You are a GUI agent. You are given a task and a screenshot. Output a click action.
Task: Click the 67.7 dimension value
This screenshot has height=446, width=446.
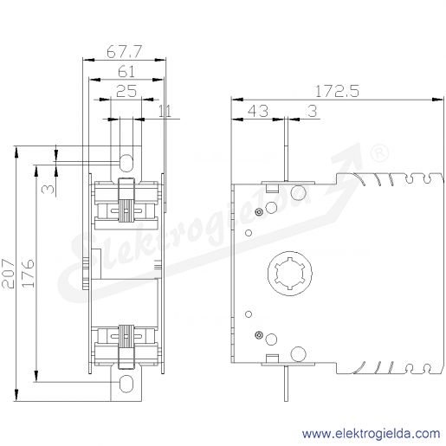click(124, 52)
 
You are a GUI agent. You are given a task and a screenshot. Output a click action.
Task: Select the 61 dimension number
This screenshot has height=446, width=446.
click(126, 71)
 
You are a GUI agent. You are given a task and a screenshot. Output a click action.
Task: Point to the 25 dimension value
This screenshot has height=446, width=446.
click(126, 91)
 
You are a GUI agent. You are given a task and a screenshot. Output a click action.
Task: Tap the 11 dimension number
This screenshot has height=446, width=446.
click(165, 111)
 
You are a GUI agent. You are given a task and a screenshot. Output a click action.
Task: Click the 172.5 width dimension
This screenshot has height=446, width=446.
click(337, 91)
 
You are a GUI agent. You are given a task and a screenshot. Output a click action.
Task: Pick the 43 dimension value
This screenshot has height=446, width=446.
click(258, 111)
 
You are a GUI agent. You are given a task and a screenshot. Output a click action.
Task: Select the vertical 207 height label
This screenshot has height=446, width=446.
click(8, 274)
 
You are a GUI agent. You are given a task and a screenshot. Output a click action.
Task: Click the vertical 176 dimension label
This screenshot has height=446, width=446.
click(28, 274)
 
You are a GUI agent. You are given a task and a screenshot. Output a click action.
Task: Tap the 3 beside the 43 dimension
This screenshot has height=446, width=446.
click(312, 111)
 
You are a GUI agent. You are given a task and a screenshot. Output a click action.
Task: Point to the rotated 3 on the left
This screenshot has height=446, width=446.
click(48, 189)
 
